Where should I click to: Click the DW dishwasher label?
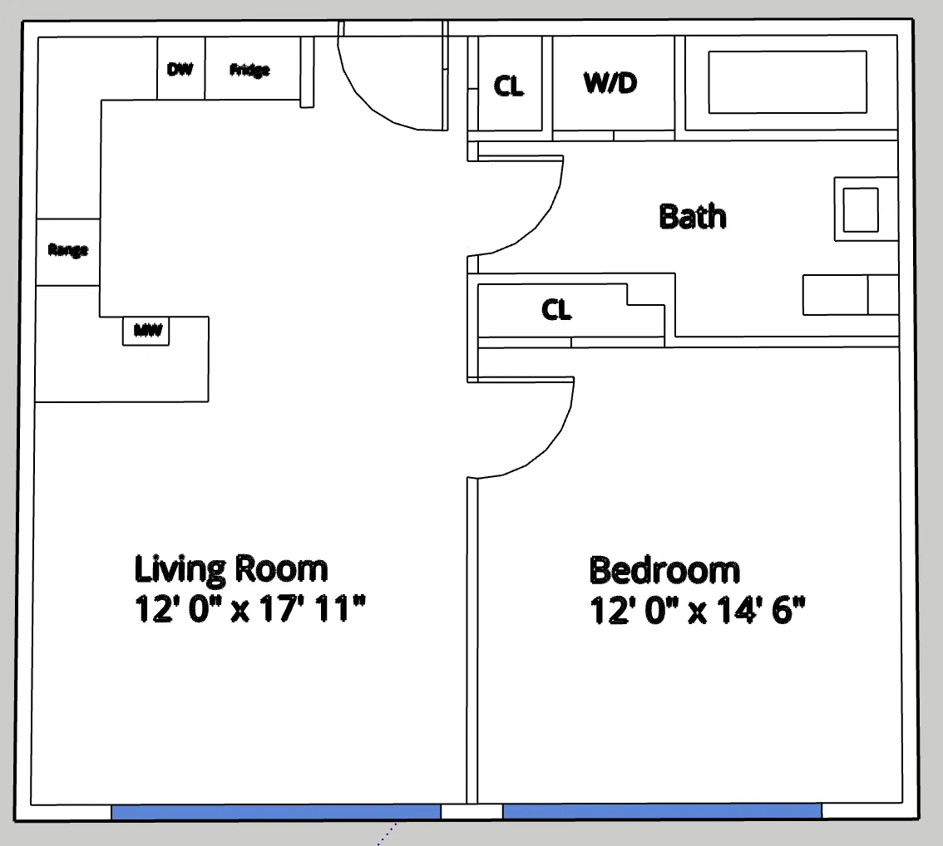click(180, 69)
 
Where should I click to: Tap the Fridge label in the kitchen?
click(249, 70)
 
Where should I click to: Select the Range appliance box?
click(68, 250)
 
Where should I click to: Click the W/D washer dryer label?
click(612, 83)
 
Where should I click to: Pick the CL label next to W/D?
click(509, 86)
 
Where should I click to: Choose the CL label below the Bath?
click(556, 310)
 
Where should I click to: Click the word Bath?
click(692, 216)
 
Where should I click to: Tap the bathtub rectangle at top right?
click(787, 82)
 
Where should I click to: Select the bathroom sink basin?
click(861, 209)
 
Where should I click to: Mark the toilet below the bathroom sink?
click(848, 295)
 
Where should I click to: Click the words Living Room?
click(231, 569)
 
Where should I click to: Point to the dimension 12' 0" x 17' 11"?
click(249, 610)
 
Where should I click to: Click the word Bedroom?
click(664, 571)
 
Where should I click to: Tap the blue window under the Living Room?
click(275, 812)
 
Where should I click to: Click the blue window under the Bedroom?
click(662, 812)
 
